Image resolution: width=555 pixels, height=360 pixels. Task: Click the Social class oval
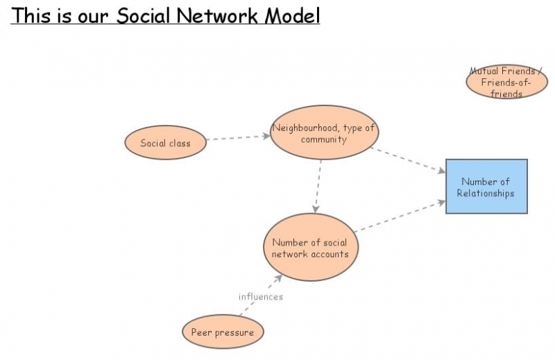tap(166, 144)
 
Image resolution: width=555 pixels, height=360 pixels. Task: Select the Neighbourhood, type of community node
tap(323, 132)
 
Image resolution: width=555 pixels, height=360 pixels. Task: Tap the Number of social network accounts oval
tap(309, 248)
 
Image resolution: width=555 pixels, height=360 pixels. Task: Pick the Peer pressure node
tap(223, 332)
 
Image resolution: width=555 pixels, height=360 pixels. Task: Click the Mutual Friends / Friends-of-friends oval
tap(506, 82)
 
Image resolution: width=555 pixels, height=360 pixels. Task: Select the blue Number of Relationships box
tap(486, 187)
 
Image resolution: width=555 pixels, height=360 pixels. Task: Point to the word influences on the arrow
tap(261, 297)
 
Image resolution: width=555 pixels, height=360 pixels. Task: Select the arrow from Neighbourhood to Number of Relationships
tap(408, 160)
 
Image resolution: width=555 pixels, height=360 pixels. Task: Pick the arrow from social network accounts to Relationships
tap(399, 216)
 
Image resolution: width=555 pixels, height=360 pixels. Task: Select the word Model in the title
tap(293, 16)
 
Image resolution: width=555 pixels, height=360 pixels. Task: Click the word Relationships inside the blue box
tap(486, 194)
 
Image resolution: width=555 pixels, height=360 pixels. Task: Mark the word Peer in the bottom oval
tap(202, 333)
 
